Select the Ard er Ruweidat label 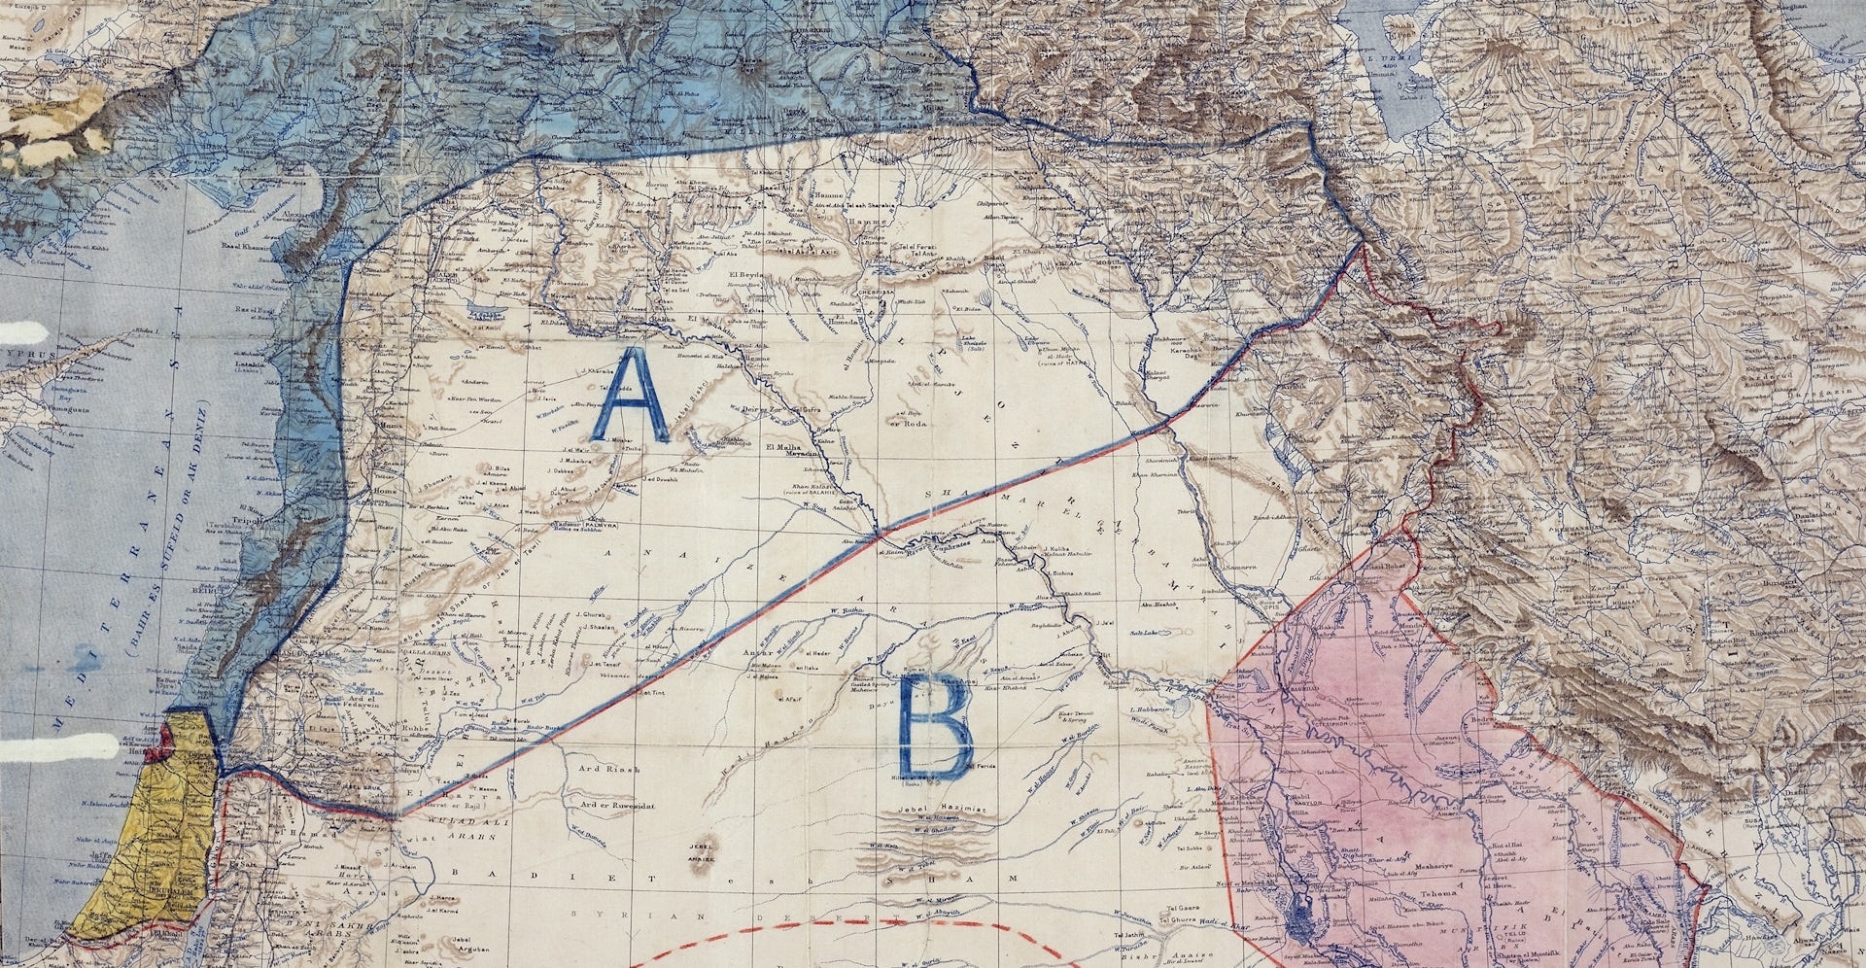(619, 805)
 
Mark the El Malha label (783, 448)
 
